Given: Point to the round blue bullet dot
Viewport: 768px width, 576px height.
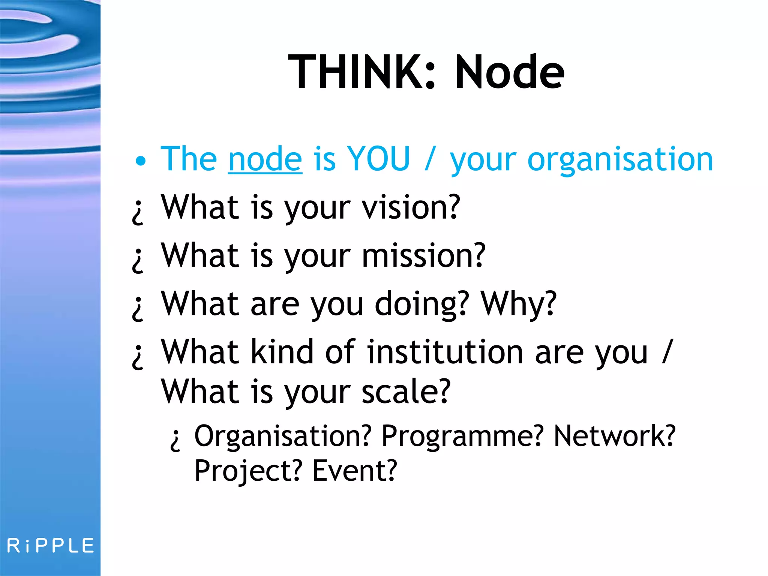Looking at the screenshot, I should coord(141,162).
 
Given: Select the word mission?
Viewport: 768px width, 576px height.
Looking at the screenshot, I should coord(423,256).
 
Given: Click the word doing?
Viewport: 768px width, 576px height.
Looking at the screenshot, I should coord(422,304).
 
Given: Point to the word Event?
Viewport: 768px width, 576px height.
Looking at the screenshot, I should coord(355,470).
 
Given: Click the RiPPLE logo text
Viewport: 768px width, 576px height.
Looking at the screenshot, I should coord(51,546).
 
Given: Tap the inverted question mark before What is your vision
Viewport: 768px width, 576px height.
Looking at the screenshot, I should coord(138,212).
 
